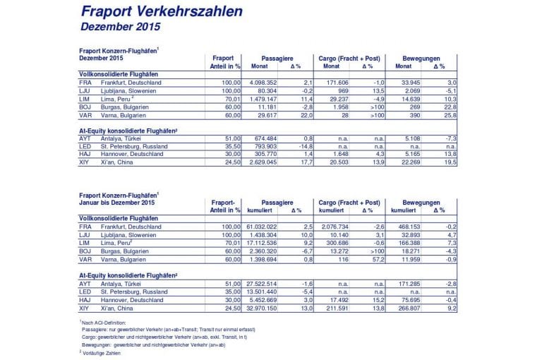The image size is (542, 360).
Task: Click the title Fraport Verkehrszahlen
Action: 162,12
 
